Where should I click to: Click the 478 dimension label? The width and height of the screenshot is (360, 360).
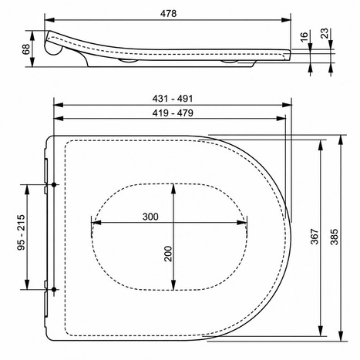click(169, 14)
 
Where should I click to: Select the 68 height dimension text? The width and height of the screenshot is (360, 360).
click(26, 49)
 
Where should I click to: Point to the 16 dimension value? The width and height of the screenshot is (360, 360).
click(304, 37)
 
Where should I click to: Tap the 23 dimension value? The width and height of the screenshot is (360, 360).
click(325, 34)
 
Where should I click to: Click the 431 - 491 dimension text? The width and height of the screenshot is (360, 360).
click(173, 99)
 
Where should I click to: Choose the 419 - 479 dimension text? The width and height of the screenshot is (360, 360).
click(173, 113)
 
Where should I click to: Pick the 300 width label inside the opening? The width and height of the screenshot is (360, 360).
click(150, 217)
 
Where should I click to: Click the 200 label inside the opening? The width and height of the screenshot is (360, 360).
click(168, 254)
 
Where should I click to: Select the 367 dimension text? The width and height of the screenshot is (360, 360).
click(315, 237)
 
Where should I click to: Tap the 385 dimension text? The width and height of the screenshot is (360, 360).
click(334, 237)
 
